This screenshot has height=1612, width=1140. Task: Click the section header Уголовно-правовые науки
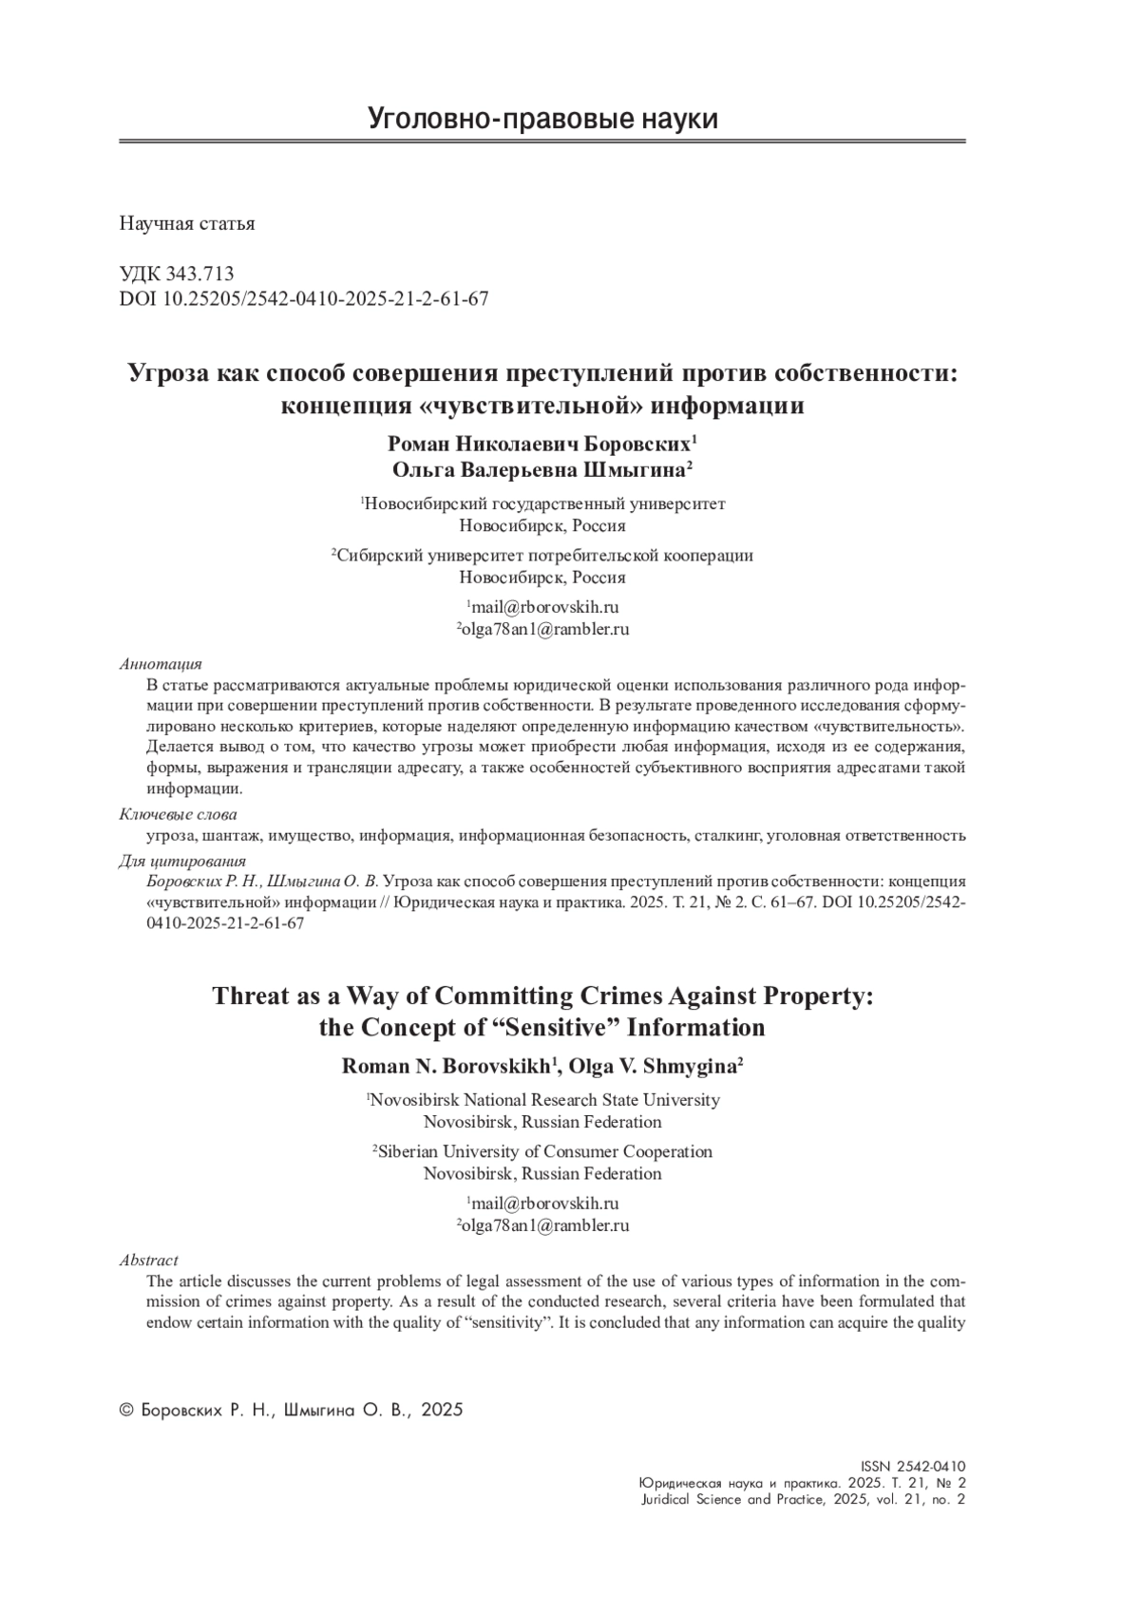(542, 120)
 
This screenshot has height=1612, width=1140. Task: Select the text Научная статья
(187, 224)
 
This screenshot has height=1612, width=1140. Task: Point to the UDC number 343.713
(199, 275)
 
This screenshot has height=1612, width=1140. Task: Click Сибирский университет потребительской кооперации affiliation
(544, 556)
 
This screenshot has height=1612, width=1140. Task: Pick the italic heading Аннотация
(161, 665)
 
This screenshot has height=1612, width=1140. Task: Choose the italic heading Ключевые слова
(178, 814)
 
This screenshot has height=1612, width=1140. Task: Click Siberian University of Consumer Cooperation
(544, 1151)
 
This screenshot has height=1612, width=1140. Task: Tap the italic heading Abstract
(148, 1261)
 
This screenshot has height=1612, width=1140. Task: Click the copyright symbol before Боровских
(125, 1411)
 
